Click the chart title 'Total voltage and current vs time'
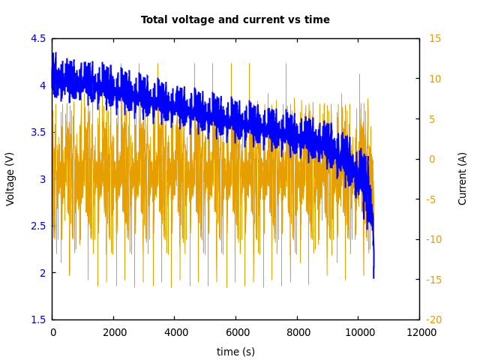[x=235, y=20]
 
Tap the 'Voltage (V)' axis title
[x=10, y=178]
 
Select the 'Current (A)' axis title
[x=463, y=178]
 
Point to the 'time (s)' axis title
[x=235, y=352]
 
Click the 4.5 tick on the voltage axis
[x=37, y=38]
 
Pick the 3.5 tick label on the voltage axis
[x=37, y=132]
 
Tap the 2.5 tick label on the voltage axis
[x=37, y=226]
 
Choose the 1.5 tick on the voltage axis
[x=37, y=319]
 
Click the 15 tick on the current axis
[x=435, y=38]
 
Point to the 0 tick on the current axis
[x=432, y=159]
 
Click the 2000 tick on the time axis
[x=114, y=333]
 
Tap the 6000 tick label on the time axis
[x=236, y=333]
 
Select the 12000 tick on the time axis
[x=420, y=333]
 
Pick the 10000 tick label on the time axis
[x=358, y=333]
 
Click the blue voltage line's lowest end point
[x=373, y=278]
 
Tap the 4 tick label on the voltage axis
[x=42, y=85]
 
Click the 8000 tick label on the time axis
[x=298, y=333]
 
